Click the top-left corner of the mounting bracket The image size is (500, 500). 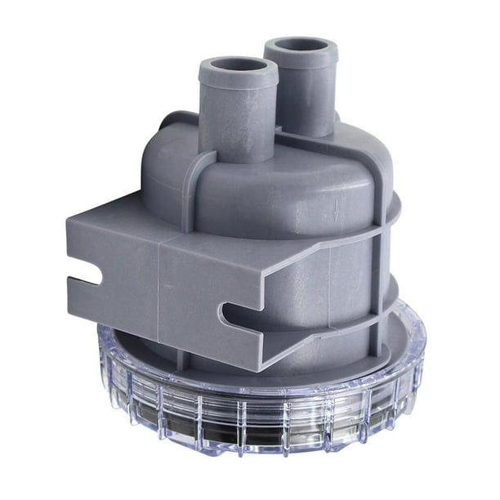click(69, 221)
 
